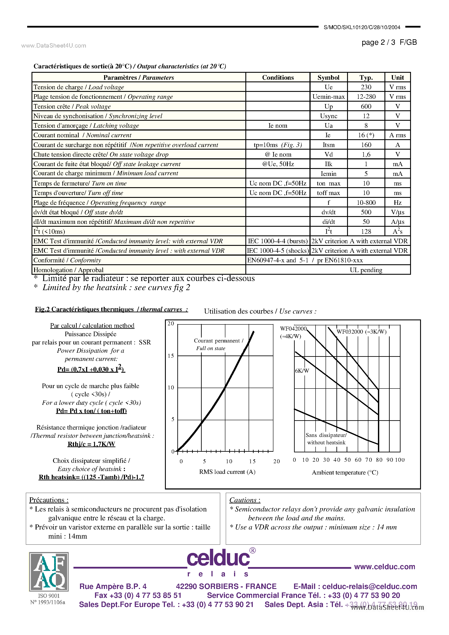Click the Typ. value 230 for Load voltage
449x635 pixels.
point(366,87)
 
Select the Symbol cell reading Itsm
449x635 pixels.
point(328,145)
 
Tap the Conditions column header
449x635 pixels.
point(278,78)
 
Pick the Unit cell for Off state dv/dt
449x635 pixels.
point(397,212)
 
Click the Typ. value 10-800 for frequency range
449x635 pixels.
point(366,203)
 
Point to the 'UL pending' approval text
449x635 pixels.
point(366,270)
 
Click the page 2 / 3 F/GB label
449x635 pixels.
point(389,42)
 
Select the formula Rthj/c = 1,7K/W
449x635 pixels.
point(91,444)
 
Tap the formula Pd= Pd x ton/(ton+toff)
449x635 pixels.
point(91,411)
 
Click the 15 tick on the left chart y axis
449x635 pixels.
point(171,356)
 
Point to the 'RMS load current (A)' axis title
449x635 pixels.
point(227,472)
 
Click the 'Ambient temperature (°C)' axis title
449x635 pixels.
point(345,472)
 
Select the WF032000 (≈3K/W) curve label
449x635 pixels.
point(361,332)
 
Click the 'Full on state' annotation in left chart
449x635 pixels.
point(211,349)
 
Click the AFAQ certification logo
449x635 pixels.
point(49,572)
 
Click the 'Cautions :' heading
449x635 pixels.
point(245,500)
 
